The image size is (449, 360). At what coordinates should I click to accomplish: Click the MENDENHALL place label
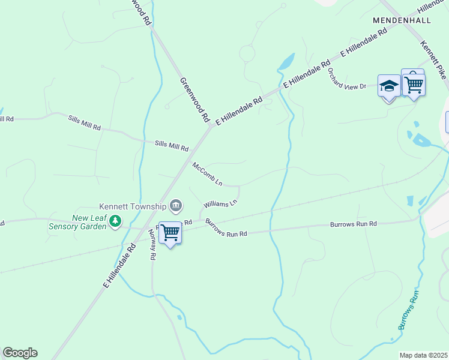[x=402, y=20]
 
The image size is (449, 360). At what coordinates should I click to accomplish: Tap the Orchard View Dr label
[x=347, y=79]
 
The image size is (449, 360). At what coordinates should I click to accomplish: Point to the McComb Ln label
[x=208, y=173]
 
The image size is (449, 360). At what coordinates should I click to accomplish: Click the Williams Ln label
[x=220, y=204]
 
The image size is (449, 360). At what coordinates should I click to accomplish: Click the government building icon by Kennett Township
[x=176, y=206]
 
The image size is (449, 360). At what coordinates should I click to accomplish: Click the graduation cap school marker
[x=389, y=86]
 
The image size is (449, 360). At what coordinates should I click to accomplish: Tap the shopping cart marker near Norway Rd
[x=170, y=232]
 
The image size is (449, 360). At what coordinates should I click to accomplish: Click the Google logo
[x=20, y=353]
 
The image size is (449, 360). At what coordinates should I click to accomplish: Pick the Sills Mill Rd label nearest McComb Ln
[x=172, y=146]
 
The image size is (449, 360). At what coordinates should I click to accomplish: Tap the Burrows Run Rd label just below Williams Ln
[x=226, y=229]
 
